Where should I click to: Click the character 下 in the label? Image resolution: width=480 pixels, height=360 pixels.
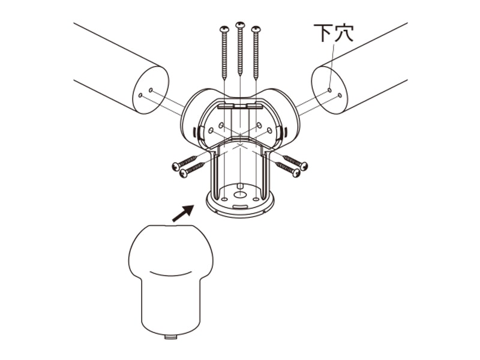click(323, 32)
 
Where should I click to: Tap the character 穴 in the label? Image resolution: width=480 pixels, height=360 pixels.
click(344, 32)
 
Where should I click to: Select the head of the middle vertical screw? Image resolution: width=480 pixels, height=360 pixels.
click(241, 25)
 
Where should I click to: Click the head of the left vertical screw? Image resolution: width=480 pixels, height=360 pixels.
click(224, 29)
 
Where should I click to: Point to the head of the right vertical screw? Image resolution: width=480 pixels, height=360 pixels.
click(256, 29)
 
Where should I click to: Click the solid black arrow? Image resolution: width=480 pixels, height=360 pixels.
click(183, 213)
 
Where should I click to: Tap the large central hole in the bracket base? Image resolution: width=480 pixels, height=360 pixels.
click(241, 194)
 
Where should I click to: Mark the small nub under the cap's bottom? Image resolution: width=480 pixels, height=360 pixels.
click(171, 337)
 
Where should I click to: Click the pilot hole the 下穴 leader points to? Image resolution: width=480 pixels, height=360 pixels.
click(329, 90)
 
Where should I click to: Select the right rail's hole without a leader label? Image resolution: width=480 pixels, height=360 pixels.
click(340, 95)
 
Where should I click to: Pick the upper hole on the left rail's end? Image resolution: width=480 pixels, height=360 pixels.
click(151, 90)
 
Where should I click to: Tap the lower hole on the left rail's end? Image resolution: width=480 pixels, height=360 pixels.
click(140, 95)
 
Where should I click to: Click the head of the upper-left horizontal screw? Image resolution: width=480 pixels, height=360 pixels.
click(176, 166)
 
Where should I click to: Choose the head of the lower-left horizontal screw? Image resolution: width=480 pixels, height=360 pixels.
click(184, 173)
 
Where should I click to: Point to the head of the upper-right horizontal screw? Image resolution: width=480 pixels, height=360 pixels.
click(304, 166)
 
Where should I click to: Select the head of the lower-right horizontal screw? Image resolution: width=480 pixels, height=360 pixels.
click(296, 173)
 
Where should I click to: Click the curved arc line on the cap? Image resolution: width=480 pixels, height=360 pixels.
click(171, 274)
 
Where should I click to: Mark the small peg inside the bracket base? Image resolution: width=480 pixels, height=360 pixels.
click(241, 186)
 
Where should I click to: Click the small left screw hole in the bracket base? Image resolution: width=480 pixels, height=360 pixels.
click(224, 199)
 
